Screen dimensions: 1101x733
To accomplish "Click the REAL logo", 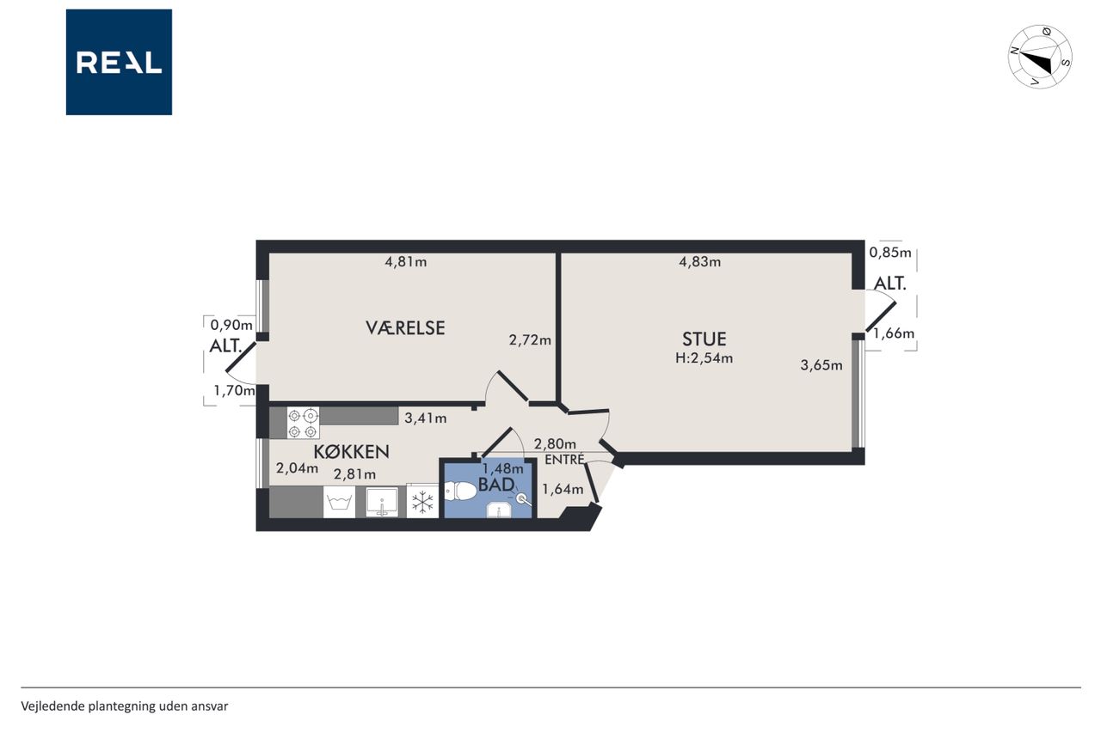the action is tap(119, 62).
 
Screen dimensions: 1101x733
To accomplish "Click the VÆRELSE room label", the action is tap(405, 327).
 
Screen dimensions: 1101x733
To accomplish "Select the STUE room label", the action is tap(704, 339).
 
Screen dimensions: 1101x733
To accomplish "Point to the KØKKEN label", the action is tap(351, 452).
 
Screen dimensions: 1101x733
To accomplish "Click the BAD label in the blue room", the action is tap(496, 485).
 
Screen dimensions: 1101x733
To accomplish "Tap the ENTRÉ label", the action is tap(565, 460).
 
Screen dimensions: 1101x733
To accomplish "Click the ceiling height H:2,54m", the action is tap(704, 358).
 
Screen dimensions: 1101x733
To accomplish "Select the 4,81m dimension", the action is tap(405, 262).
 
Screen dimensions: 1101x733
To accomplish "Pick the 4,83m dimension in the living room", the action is tap(700, 262).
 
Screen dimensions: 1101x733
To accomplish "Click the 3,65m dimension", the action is tap(821, 365).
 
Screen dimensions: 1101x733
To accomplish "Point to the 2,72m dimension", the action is tap(530, 339).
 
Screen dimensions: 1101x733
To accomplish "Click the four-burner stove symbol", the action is tap(303, 423).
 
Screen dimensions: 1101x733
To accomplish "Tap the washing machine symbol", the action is tap(339, 502).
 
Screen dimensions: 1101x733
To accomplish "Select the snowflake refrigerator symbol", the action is tap(422, 502).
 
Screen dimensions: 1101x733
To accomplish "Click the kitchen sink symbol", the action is tap(381, 502).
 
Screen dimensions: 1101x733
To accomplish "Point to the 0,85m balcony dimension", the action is tap(890, 253).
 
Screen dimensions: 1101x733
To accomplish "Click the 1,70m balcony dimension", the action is tap(234, 391).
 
